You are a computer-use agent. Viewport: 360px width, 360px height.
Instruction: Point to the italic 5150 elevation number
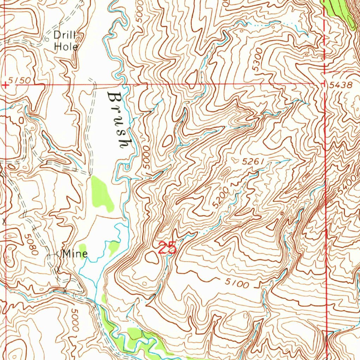click(20, 81)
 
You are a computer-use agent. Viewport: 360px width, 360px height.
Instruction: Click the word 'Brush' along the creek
click(118, 120)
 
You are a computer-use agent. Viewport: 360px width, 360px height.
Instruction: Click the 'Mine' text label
click(75, 253)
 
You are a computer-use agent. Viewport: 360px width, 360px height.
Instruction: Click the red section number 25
click(167, 249)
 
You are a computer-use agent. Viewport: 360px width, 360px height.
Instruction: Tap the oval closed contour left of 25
click(152, 257)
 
